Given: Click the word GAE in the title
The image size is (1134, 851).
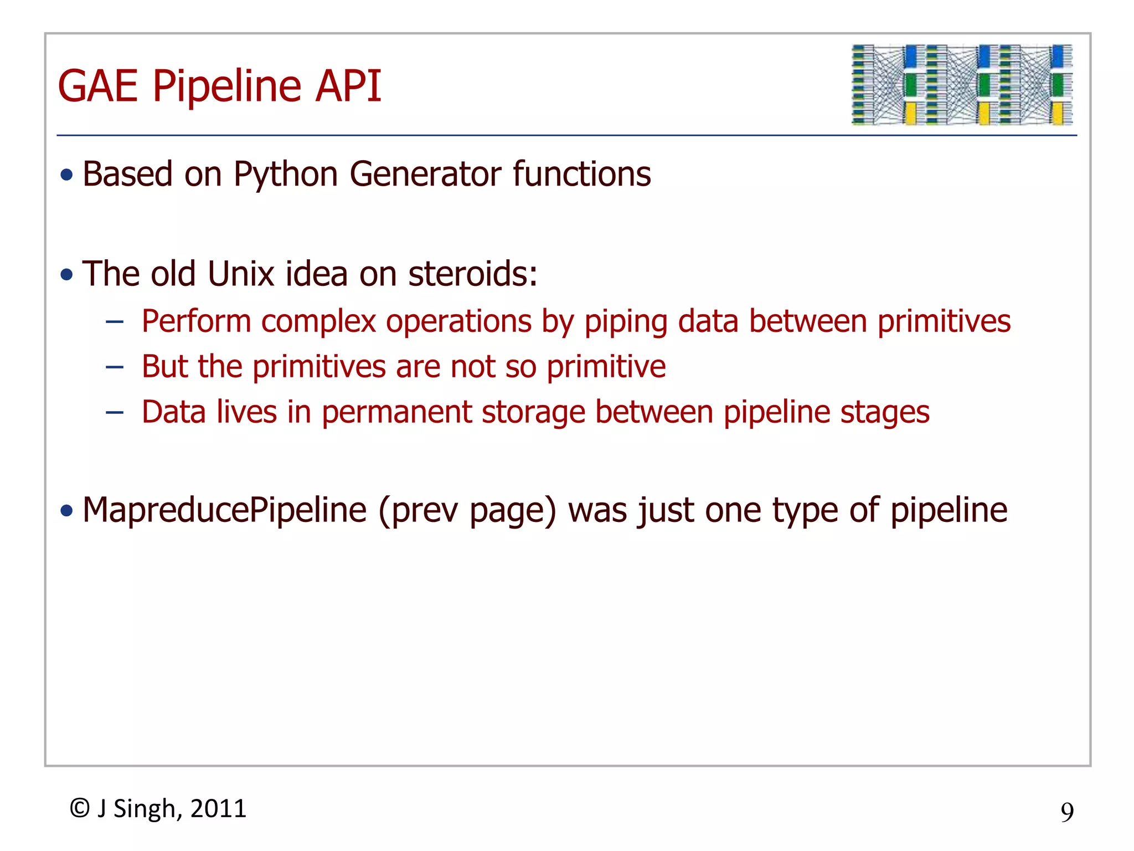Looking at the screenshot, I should (97, 86).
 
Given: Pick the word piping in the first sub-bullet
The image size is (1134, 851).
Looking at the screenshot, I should (626, 321).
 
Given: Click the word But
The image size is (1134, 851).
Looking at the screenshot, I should (164, 367).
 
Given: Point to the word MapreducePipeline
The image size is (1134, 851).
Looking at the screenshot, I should (224, 510).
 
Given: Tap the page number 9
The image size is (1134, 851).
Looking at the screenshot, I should (1067, 812).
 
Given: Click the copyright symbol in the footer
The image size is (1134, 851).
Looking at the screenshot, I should (80, 808).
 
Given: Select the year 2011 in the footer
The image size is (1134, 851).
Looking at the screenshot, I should (218, 808).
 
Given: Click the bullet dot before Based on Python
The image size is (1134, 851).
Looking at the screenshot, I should (67, 175).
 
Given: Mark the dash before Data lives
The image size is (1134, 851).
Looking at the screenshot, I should (115, 412).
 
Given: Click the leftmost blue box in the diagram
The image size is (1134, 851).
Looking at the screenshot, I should (911, 56).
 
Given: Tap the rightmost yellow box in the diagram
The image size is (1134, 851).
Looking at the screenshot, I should (1057, 113).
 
